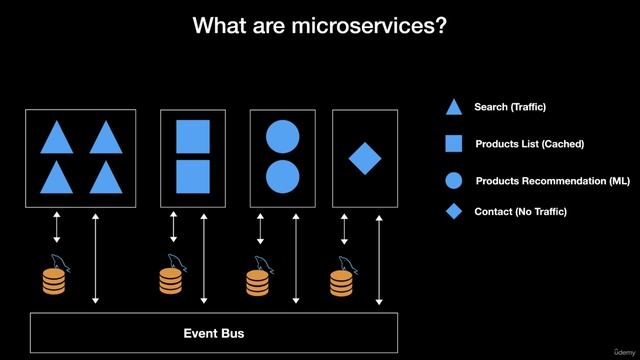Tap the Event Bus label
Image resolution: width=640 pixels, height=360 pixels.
click(213, 332)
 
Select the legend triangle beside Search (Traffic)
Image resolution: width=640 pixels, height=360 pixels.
click(453, 107)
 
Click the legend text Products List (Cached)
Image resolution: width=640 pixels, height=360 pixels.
click(529, 144)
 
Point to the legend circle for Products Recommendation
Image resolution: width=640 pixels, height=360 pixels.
click(453, 181)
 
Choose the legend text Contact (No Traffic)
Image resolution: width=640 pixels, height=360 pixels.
click(520, 212)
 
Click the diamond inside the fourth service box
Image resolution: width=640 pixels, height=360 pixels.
click(365, 157)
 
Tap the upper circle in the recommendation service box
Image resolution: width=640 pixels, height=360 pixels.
click(283, 136)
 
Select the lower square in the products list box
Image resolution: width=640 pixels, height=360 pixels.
click(193, 175)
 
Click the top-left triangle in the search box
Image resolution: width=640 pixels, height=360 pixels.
click(57, 137)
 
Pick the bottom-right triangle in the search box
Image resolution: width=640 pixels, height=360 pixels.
click(105, 177)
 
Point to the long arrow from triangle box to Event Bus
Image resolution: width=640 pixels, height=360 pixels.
click(96, 257)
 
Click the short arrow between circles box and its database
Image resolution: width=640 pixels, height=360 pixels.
click(261, 227)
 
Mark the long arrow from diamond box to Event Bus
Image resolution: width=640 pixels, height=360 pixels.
click(379, 257)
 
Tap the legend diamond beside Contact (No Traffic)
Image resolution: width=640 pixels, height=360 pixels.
click(454, 212)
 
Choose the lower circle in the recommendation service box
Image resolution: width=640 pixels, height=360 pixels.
click(283, 175)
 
